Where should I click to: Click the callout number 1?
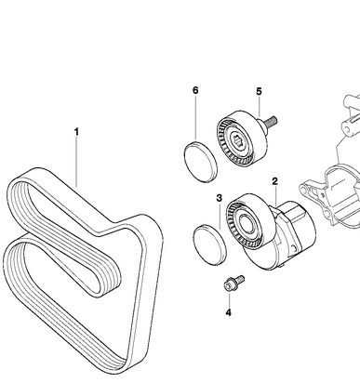(x=76, y=132)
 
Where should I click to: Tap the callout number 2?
(x=274, y=181)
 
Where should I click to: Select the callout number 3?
(x=220, y=198)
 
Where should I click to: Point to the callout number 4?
(x=229, y=312)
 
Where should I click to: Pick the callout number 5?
(x=259, y=91)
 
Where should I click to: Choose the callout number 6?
(x=195, y=90)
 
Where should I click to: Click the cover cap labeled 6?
(x=201, y=161)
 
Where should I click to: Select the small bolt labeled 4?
(x=233, y=283)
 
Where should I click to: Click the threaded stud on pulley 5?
(x=270, y=122)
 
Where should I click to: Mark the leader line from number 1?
(x=76, y=162)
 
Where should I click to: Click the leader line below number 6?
(x=195, y=119)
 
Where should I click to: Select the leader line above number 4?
(x=229, y=299)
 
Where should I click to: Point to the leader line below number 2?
(x=275, y=196)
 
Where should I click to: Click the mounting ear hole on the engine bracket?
(x=306, y=189)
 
